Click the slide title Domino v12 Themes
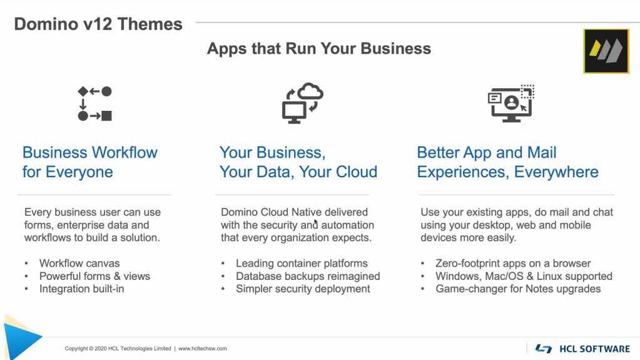coord(98,24)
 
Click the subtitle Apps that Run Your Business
coord(319,49)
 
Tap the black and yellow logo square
coord(606,51)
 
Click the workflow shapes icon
coord(94,104)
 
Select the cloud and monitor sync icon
coord(302,103)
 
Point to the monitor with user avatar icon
coord(511,104)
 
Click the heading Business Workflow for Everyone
coord(90,162)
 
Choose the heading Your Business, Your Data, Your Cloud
coord(298,162)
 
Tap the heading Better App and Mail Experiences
coord(508,162)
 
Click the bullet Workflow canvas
coord(79,263)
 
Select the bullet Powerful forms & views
coord(94,276)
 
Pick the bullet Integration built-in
coord(81,289)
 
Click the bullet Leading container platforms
coord(302,263)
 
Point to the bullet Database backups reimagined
coord(308,276)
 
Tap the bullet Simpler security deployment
coord(303,289)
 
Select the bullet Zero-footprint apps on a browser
coord(513,263)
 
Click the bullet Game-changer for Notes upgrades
coord(518,289)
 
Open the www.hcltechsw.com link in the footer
coord(203,349)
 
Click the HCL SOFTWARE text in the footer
coord(595,349)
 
